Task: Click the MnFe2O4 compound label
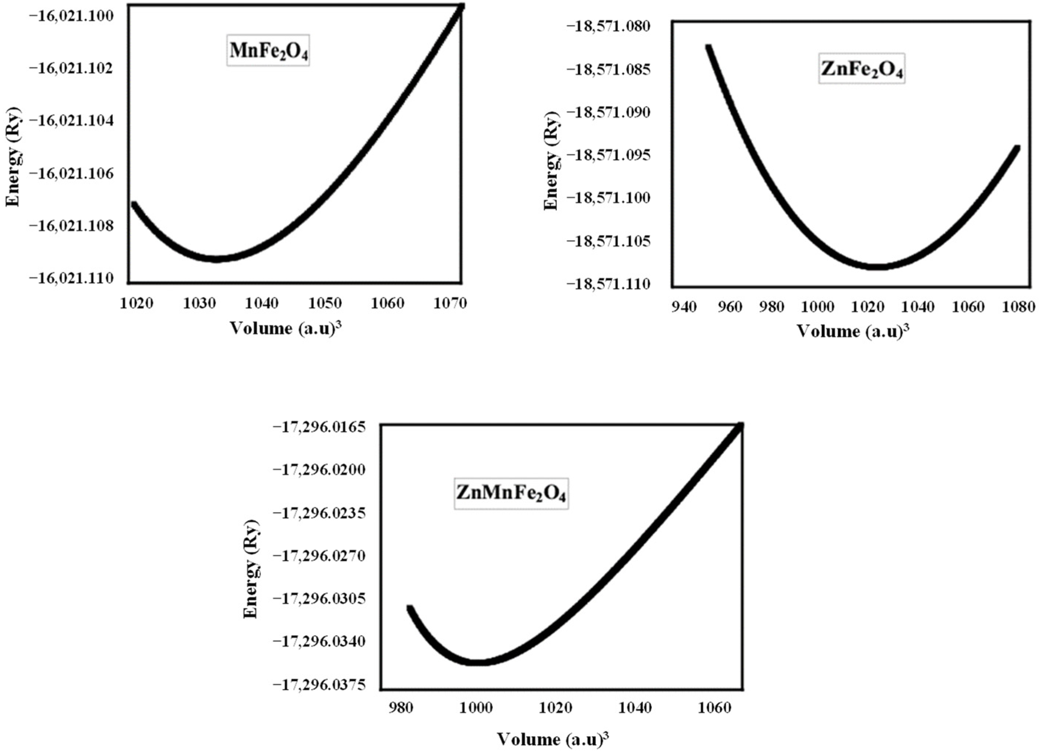tap(268, 50)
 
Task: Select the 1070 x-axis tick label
tap(449, 303)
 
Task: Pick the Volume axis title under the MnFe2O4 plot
tap(286, 328)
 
